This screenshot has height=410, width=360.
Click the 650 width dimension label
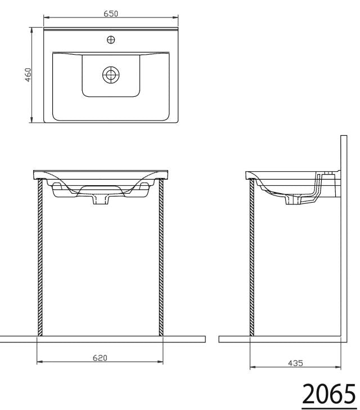click(111, 14)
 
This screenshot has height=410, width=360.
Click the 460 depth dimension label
click(28, 75)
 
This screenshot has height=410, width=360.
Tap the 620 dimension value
click(100, 358)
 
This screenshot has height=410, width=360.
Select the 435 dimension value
click(295, 363)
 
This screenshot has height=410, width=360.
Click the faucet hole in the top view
click(111, 40)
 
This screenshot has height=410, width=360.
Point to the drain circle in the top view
click(111, 74)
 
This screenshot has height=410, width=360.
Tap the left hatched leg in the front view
click(40, 257)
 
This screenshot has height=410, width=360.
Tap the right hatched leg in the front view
click(161, 257)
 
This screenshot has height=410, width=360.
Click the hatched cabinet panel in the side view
click(252, 257)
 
